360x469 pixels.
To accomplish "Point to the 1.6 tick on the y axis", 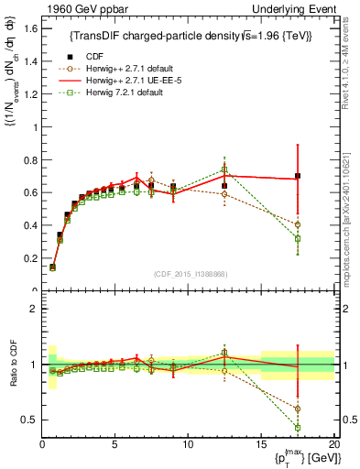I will [28, 28].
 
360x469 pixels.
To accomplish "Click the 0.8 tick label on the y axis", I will [28, 159].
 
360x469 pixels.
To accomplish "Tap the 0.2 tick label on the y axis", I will [28, 257].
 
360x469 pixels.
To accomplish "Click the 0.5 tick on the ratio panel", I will [28, 420].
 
